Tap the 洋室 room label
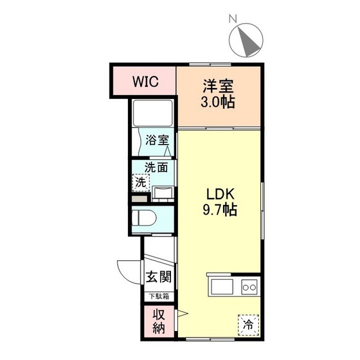click(218, 86)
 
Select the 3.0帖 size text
click(218, 103)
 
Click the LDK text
click(219, 194)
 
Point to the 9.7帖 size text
click(219, 210)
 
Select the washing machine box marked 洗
click(140, 182)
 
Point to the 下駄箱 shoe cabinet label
click(156, 296)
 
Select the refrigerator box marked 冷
click(248, 324)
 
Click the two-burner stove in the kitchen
click(249, 286)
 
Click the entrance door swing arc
click(126, 269)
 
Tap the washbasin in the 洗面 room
click(163, 192)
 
